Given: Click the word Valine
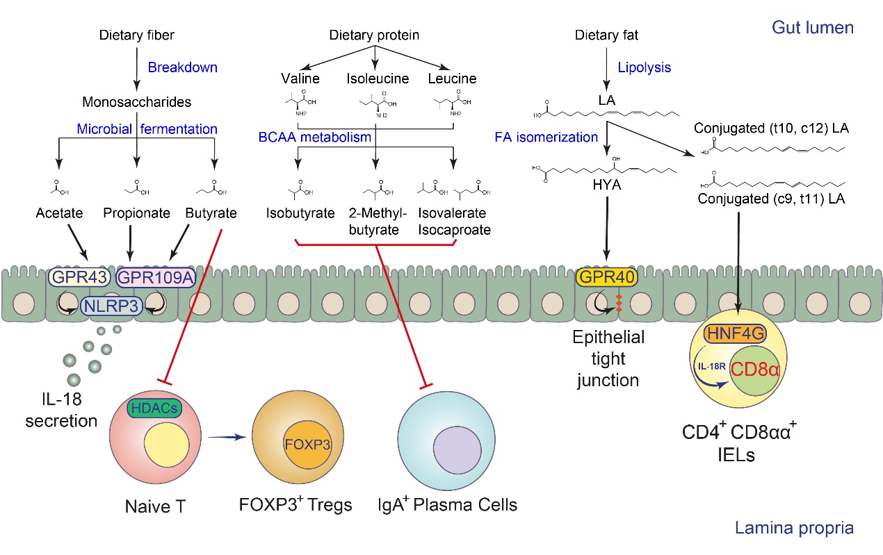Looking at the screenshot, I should pyautogui.click(x=300, y=78).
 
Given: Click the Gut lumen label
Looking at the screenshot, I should pyautogui.click(x=812, y=28).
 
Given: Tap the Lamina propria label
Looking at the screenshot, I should pyautogui.click(x=794, y=529).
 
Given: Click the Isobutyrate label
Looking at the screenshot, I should pyautogui.click(x=300, y=213).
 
